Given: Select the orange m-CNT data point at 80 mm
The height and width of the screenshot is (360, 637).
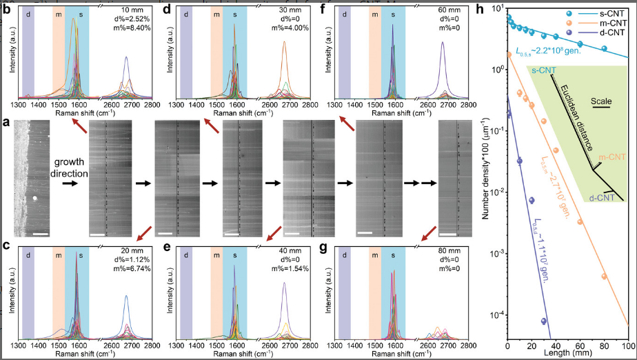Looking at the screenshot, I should coord(605,277).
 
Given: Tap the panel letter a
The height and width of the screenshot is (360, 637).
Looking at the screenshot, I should coord(6,123).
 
